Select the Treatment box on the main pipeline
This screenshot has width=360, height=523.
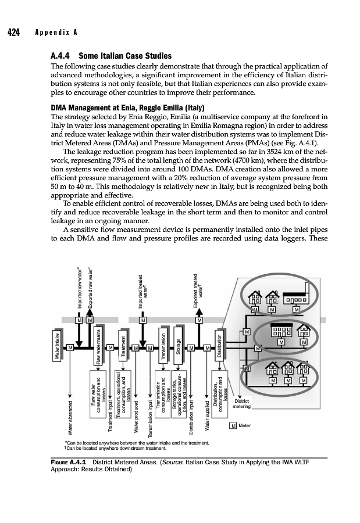pos(123,347)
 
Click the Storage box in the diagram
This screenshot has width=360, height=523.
pos(180,347)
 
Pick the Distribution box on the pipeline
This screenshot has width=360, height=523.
pos(219,347)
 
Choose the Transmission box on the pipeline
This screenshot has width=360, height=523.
pos(165,347)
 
